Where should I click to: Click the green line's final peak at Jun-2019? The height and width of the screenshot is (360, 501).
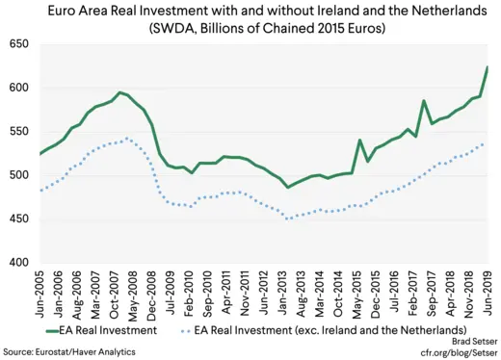click(x=488, y=67)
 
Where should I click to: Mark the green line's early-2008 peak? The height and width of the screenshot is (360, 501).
click(x=119, y=92)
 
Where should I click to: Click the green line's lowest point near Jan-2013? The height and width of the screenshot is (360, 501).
click(x=287, y=187)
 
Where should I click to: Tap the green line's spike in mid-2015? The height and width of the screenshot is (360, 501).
click(x=360, y=141)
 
